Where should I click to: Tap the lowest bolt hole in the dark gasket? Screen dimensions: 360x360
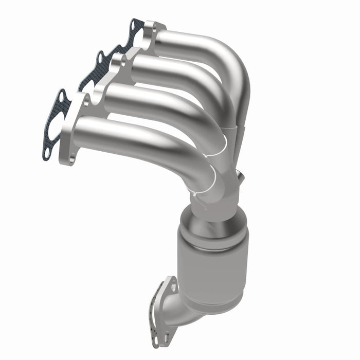tap(47, 153)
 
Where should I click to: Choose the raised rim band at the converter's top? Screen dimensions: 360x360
tap(212, 237)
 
